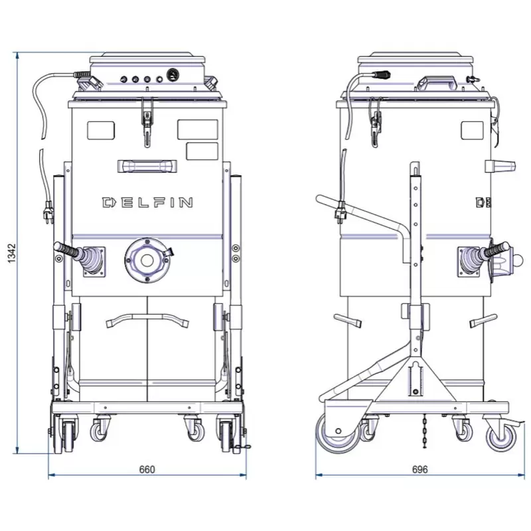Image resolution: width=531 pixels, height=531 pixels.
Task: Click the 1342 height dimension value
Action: tap(12, 253)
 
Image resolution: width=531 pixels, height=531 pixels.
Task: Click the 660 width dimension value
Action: tap(147, 470)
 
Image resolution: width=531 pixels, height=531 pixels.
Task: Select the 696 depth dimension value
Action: tap(419, 470)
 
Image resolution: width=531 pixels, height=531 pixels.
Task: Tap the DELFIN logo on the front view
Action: tap(147, 202)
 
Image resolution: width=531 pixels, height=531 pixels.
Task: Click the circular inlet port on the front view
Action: tap(147, 260)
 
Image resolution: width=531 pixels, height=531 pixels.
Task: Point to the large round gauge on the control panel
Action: tap(173, 75)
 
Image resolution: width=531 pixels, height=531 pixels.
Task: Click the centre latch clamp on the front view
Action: tap(147, 122)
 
